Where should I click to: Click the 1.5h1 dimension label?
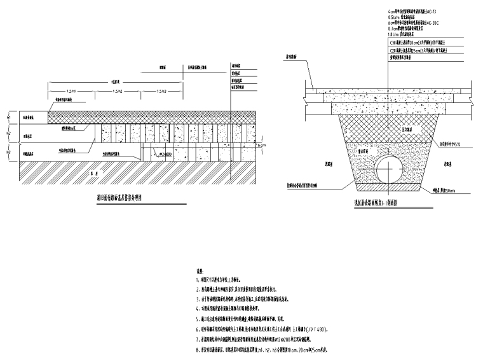coord(70,91)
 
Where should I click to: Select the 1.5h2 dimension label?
coord(118,91)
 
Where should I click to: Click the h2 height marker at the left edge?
coord(9,134)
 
